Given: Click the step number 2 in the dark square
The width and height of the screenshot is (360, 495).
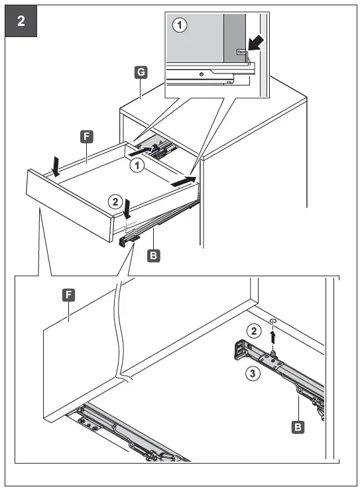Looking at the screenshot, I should (x=20, y=21).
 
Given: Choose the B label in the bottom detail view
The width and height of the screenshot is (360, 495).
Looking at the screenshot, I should (x=299, y=427).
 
